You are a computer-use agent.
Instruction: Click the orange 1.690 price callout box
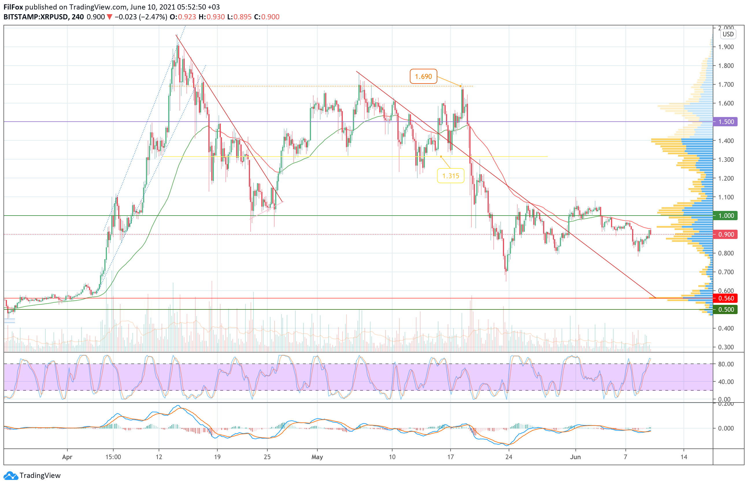pos(423,76)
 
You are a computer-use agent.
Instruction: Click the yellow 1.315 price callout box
pos(450,176)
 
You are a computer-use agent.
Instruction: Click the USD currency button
pos(728,34)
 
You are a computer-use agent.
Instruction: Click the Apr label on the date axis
pos(67,457)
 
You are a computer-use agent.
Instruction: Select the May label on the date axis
pos(317,457)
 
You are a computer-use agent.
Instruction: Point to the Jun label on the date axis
pos(575,457)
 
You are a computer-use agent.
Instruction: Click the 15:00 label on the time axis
pos(113,457)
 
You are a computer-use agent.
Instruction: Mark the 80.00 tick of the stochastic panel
pos(726,364)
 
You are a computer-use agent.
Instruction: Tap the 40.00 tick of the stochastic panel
pos(726,382)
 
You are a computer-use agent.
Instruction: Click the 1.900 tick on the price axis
pos(726,47)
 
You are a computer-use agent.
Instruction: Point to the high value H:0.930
pos(212,17)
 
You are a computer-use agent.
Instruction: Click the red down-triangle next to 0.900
pos(109,17)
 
